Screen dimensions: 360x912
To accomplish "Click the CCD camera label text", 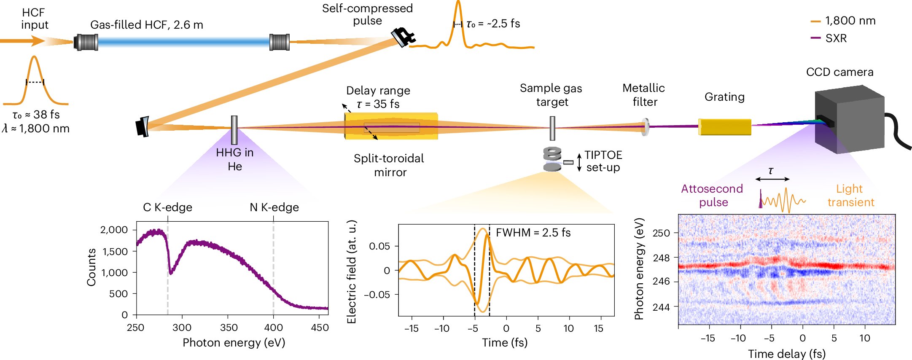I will [x=839, y=72].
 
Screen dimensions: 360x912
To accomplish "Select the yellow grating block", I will [x=724, y=126].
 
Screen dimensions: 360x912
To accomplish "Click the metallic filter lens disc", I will [x=645, y=126].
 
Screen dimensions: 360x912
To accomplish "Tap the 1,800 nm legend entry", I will [x=843, y=21].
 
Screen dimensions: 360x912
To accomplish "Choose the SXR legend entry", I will [x=829, y=38].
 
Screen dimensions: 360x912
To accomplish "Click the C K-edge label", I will [x=167, y=207].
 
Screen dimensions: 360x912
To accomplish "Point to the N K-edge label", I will [x=274, y=207].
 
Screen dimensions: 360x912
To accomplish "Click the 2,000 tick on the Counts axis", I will [x=114, y=230].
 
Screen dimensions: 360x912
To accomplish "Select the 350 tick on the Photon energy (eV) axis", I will [x=228, y=328].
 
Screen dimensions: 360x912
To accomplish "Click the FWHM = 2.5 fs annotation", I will [x=533, y=233].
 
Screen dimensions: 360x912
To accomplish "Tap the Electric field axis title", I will [x=351, y=272].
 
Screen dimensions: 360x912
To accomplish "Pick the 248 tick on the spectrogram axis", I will [x=661, y=258].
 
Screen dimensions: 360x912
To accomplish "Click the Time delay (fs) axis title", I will [x=786, y=354].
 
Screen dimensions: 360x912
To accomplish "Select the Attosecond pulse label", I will [x=712, y=195].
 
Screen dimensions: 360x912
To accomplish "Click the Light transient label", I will [x=850, y=195].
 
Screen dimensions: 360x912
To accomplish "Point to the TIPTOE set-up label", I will [x=603, y=161].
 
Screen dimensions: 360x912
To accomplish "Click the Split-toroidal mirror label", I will [x=389, y=165].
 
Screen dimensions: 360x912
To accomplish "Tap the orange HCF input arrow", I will [x=23, y=41].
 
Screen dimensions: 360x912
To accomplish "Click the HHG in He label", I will [x=234, y=159].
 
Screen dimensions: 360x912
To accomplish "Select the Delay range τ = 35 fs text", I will [x=378, y=97].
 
